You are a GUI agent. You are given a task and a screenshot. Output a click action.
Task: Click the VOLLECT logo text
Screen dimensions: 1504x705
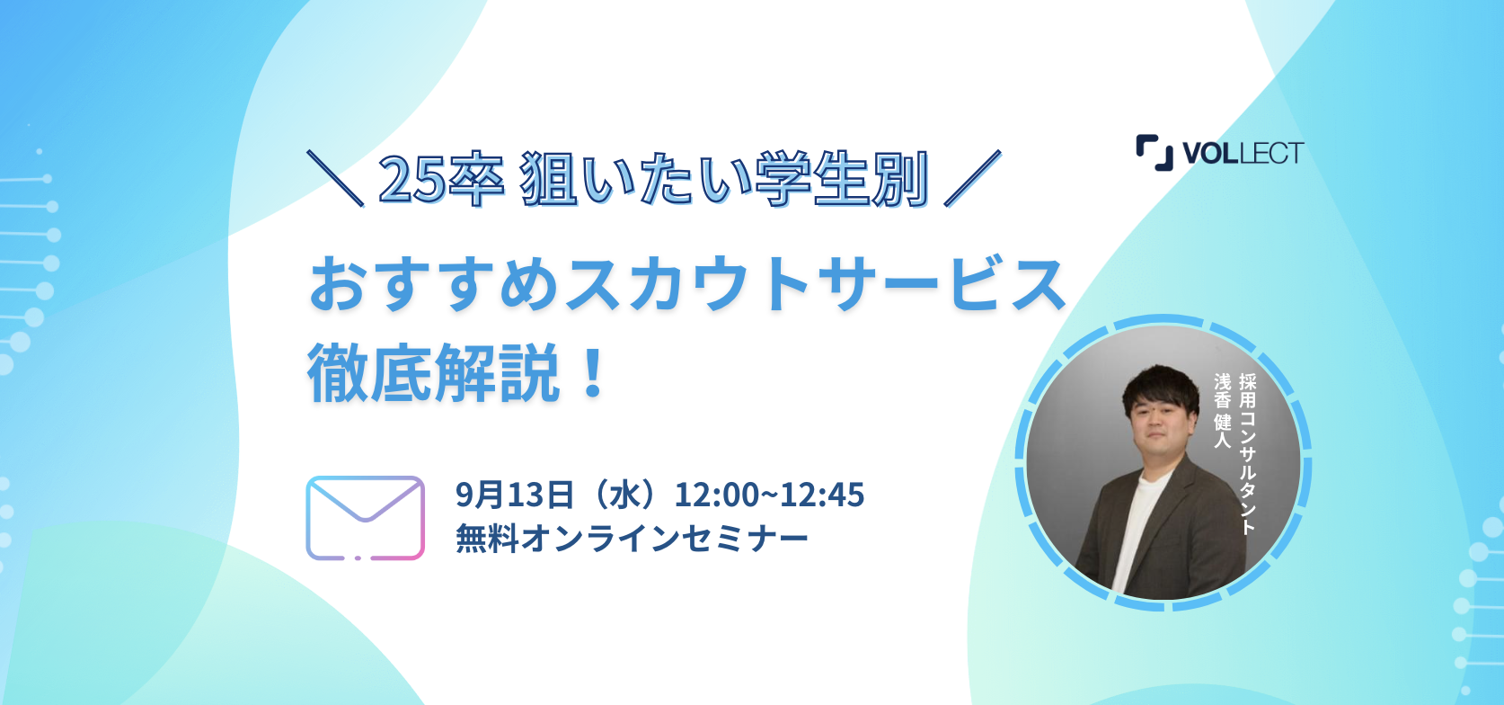tap(1243, 153)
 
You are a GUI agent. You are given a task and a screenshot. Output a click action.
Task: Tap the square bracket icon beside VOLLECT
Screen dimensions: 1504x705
tap(1155, 153)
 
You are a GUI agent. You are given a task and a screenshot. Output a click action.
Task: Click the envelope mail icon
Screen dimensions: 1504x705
tap(366, 518)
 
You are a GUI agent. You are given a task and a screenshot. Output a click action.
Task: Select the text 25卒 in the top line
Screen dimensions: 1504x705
tap(441, 179)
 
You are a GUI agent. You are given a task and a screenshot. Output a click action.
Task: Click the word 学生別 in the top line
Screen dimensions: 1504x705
tap(841, 179)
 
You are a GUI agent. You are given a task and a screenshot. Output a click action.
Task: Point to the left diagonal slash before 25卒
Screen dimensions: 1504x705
tap(335, 178)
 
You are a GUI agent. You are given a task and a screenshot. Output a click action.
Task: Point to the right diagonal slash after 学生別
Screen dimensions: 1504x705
tap(972, 178)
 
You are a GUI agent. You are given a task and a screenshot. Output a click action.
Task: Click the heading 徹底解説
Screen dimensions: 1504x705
tap(433, 372)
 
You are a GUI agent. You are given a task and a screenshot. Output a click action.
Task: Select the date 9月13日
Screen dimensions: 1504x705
tap(514, 495)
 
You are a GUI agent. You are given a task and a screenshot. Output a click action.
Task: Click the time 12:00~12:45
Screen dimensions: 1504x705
tap(769, 495)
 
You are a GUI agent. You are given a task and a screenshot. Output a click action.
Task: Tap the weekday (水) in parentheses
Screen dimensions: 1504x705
tap(624, 495)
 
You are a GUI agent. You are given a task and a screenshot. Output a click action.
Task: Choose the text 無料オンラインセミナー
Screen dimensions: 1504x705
tap(632, 539)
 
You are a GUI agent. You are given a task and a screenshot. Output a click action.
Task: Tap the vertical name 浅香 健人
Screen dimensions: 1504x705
tap(1223, 411)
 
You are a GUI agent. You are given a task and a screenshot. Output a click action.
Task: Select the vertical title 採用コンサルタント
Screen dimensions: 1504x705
tap(1247, 454)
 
